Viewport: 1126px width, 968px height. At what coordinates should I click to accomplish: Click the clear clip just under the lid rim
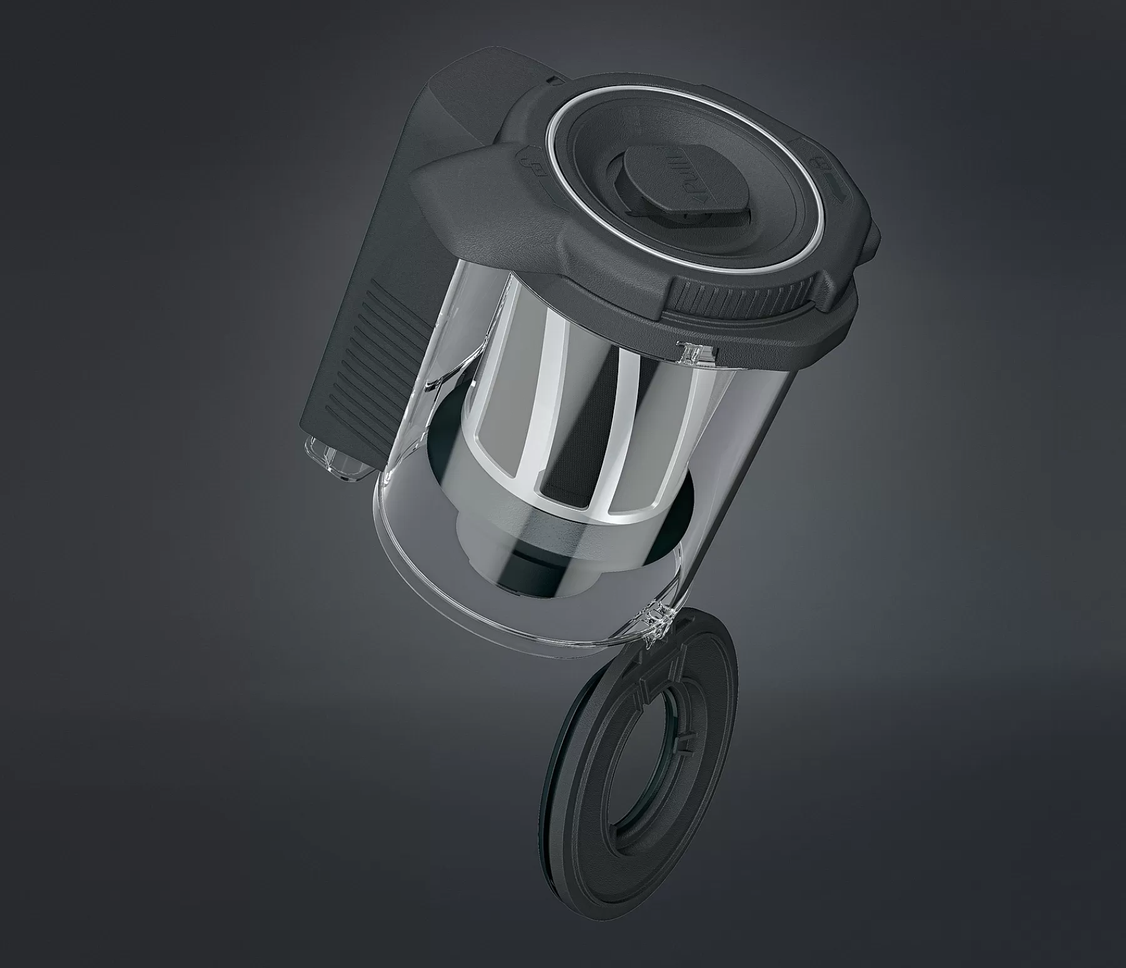pyautogui.click(x=691, y=353)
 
